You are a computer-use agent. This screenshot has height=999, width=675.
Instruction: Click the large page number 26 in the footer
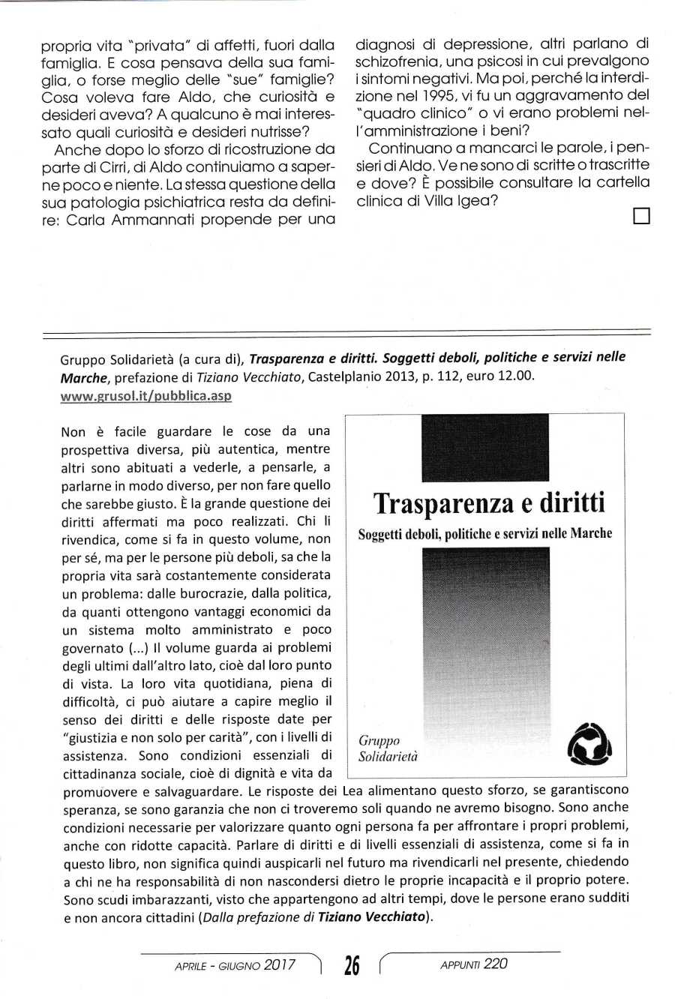[351, 966]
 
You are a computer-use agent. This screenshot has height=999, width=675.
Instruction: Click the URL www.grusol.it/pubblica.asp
[145, 396]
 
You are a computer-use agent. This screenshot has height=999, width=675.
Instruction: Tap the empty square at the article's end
[640, 217]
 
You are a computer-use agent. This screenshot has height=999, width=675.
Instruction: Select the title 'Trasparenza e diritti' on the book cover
[488, 502]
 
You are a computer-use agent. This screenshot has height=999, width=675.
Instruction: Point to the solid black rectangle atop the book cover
[485, 448]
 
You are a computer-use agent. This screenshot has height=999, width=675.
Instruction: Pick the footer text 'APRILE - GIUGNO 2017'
[235, 965]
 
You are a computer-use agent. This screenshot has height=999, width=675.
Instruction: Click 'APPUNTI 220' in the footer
[473, 964]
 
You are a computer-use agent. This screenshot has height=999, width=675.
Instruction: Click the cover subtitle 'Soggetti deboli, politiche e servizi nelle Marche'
[485, 534]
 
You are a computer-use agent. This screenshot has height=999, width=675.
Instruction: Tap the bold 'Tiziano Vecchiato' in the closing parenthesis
[371, 916]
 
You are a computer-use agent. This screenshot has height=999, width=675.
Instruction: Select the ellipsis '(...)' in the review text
[137, 648]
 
